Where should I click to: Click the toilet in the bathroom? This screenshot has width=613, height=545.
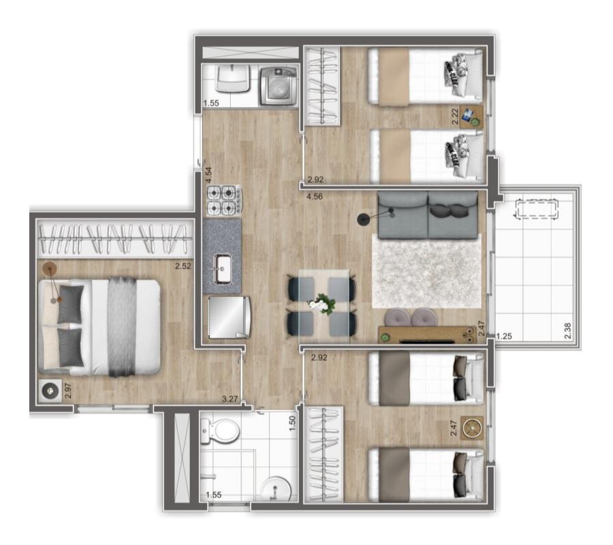(x=221, y=430)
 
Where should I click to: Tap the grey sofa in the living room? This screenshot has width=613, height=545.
(x=428, y=214)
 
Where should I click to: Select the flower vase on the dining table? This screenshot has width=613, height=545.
(x=320, y=305)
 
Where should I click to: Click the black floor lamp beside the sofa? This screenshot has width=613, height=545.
(x=362, y=219)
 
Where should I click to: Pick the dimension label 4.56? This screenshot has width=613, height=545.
(x=315, y=197)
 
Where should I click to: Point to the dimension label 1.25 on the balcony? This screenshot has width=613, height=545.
(x=504, y=336)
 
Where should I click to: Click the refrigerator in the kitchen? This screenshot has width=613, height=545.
(x=227, y=316)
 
